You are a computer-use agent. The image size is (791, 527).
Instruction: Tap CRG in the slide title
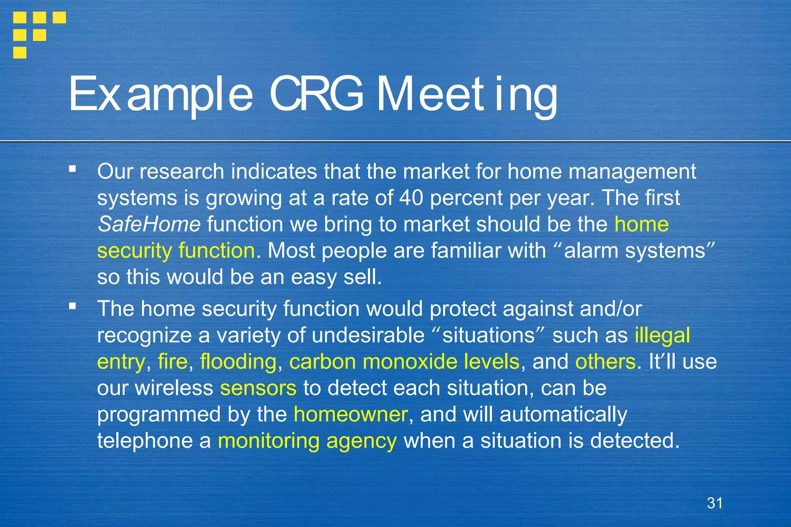(316, 94)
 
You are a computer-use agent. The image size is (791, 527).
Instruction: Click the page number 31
(715, 503)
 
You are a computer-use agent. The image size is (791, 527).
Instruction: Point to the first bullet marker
(73, 169)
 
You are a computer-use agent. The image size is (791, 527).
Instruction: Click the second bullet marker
(73, 306)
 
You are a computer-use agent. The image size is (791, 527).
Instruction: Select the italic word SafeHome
(149, 224)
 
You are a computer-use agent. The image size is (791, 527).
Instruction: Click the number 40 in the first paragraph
(411, 198)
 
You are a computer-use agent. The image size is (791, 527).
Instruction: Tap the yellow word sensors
(258, 388)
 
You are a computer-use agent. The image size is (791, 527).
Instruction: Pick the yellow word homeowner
(351, 414)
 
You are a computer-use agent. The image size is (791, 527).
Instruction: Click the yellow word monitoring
(268, 441)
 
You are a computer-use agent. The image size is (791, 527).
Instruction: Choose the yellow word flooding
(238, 362)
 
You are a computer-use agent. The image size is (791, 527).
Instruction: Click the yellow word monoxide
(410, 362)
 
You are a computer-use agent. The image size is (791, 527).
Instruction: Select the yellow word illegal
(662, 336)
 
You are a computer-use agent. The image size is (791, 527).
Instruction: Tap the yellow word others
(605, 362)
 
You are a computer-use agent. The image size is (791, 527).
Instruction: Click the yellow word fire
(172, 362)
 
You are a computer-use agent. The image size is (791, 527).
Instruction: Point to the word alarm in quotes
(591, 251)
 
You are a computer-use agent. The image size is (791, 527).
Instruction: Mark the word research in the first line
(182, 172)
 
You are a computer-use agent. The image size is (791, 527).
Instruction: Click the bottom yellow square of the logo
(20, 53)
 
